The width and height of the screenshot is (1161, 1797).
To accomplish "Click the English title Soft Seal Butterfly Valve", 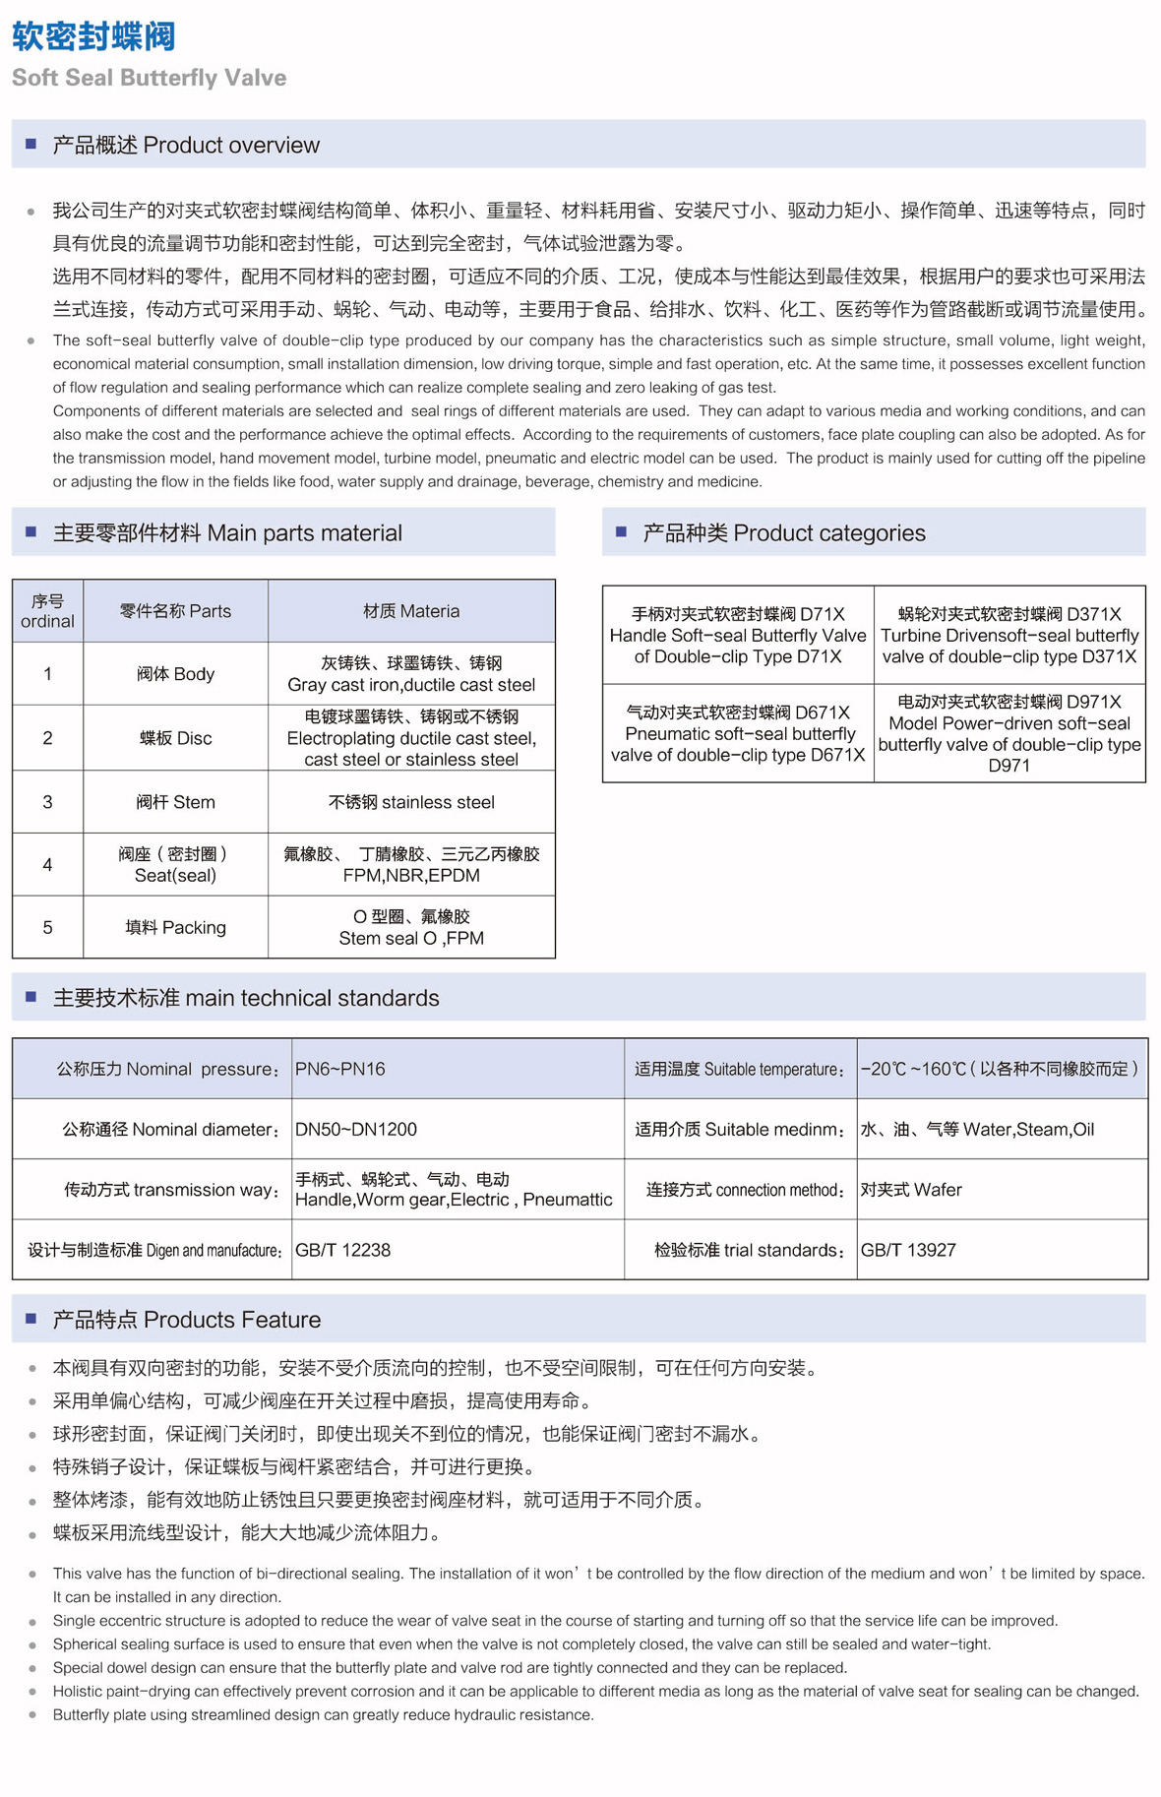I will coord(149,78).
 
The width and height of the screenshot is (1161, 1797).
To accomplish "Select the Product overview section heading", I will coord(185,146).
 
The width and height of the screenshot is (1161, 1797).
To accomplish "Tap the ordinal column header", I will coord(47,611).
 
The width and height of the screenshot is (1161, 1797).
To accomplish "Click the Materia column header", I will coord(411,611).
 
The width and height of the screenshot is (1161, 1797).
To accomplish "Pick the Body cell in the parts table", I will coord(175,674).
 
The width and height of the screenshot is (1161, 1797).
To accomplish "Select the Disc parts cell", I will coord(175,738).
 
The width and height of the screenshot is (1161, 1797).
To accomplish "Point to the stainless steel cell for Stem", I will coord(411,802).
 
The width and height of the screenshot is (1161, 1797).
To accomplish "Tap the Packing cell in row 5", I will coord(175,927).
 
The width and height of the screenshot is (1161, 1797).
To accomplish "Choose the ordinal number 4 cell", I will coord(47,865).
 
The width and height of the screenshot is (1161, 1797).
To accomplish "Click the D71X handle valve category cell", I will coord(738,635).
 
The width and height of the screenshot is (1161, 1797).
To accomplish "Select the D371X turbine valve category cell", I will coord(1009,635).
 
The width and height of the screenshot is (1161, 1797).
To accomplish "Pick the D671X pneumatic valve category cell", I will coord(738,733).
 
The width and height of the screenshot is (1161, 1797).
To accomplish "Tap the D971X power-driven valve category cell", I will coord(1009,733).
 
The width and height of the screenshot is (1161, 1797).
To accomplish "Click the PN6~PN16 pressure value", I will coord(340,1069).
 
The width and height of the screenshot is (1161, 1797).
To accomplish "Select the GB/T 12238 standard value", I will coord(343,1250).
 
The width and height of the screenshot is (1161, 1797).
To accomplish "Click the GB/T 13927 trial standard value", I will coord(908,1250).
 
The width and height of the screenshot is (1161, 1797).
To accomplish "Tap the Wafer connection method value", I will coord(911,1190).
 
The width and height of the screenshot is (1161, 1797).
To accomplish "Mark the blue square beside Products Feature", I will coord(31,1319).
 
